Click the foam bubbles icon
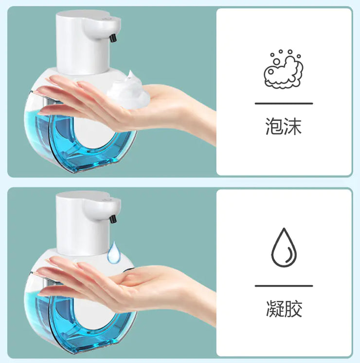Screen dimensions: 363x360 [x=284, y=69]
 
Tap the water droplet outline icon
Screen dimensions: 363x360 [x=284, y=248]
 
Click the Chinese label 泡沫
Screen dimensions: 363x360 [x=284, y=126]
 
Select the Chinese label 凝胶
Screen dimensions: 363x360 [x=284, y=309]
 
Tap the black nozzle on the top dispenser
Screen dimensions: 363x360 [x=114, y=37]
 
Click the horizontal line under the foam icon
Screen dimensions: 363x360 [x=284, y=103]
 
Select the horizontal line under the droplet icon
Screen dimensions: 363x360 [x=284, y=286]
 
